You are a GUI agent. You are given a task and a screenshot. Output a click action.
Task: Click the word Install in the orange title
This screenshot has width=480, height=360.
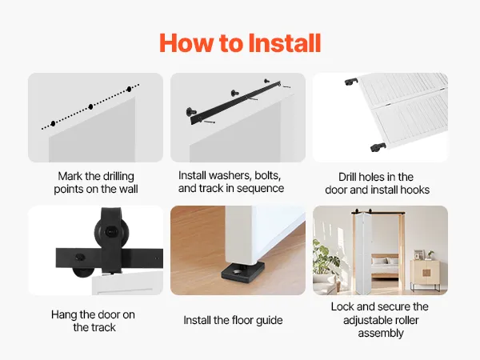(x=284, y=43)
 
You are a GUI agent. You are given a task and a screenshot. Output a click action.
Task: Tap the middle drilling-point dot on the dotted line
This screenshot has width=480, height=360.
(x=90, y=106)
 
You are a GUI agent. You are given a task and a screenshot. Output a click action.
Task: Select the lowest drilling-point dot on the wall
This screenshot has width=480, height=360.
(x=54, y=123)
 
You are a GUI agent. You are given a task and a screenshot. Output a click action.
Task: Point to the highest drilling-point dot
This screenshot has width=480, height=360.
(x=129, y=89)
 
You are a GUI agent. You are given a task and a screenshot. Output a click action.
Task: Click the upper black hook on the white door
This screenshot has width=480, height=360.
(x=351, y=82)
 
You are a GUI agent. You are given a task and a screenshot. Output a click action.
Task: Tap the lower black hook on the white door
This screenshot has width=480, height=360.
(x=378, y=147)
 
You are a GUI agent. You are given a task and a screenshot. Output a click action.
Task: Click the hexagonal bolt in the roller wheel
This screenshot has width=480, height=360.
(x=110, y=232)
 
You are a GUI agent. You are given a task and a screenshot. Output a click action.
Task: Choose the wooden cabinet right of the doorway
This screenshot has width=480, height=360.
(x=426, y=273)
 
